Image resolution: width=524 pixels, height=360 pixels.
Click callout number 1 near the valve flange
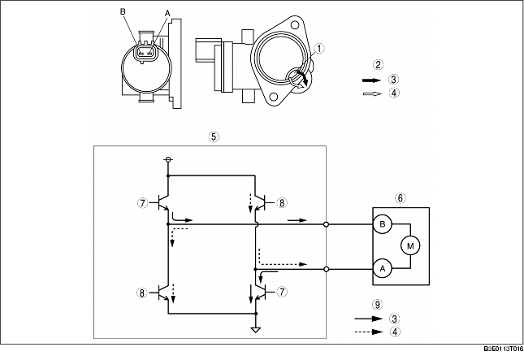pos(319,49)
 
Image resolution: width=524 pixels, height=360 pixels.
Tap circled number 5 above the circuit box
pos(214,137)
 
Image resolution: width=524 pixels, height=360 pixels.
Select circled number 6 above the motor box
pos(400,198)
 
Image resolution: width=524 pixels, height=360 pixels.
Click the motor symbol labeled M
pos(410,245)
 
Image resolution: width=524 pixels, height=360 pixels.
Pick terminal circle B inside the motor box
pos(383,224)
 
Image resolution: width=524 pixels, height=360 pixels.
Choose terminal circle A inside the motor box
pos(383,268)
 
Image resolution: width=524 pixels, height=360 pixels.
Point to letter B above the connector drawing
pos(123,11)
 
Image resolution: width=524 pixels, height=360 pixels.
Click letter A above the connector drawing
pos(167,13)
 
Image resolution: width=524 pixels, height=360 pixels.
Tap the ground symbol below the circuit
pos(256,330)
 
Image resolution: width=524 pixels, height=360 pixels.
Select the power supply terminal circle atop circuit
pos(168,159)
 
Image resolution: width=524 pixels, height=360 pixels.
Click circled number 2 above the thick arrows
pos(378,64)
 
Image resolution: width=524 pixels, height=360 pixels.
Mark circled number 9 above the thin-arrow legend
pos(377,305)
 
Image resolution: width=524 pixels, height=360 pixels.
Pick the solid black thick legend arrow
pos(371,80)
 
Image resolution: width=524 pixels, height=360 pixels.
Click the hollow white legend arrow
pos(372,93)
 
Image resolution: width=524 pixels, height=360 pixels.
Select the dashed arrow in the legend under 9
pos(369,332)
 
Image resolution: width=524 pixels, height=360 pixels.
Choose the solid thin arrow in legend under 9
pos(369,319)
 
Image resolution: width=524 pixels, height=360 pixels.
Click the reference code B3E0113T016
pos(504,349)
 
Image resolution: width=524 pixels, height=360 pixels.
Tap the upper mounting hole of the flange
pos(294,24)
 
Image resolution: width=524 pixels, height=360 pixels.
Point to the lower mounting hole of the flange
pos(273,97)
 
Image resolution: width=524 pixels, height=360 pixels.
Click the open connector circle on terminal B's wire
pos(326,224)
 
